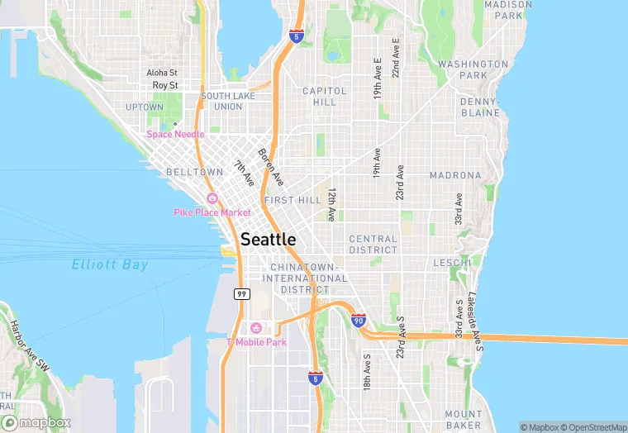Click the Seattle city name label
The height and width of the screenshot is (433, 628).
268,239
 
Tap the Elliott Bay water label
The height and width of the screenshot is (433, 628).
110,265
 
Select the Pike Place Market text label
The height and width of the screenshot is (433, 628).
212,212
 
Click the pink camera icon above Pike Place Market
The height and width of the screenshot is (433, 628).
212,198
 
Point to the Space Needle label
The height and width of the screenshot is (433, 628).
175,134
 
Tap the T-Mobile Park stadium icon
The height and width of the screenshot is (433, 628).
256,329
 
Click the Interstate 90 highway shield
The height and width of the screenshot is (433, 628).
358,320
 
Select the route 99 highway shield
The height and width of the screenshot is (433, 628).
241,294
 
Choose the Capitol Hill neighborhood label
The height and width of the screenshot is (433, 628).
319,96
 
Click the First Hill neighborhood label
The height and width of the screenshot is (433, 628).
293,200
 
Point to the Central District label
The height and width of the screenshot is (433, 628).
373,244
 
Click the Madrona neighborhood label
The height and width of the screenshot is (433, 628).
455,175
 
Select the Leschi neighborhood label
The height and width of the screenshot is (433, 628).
453,263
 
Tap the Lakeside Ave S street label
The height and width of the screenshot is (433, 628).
473,317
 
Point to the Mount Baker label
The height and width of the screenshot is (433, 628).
464,419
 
